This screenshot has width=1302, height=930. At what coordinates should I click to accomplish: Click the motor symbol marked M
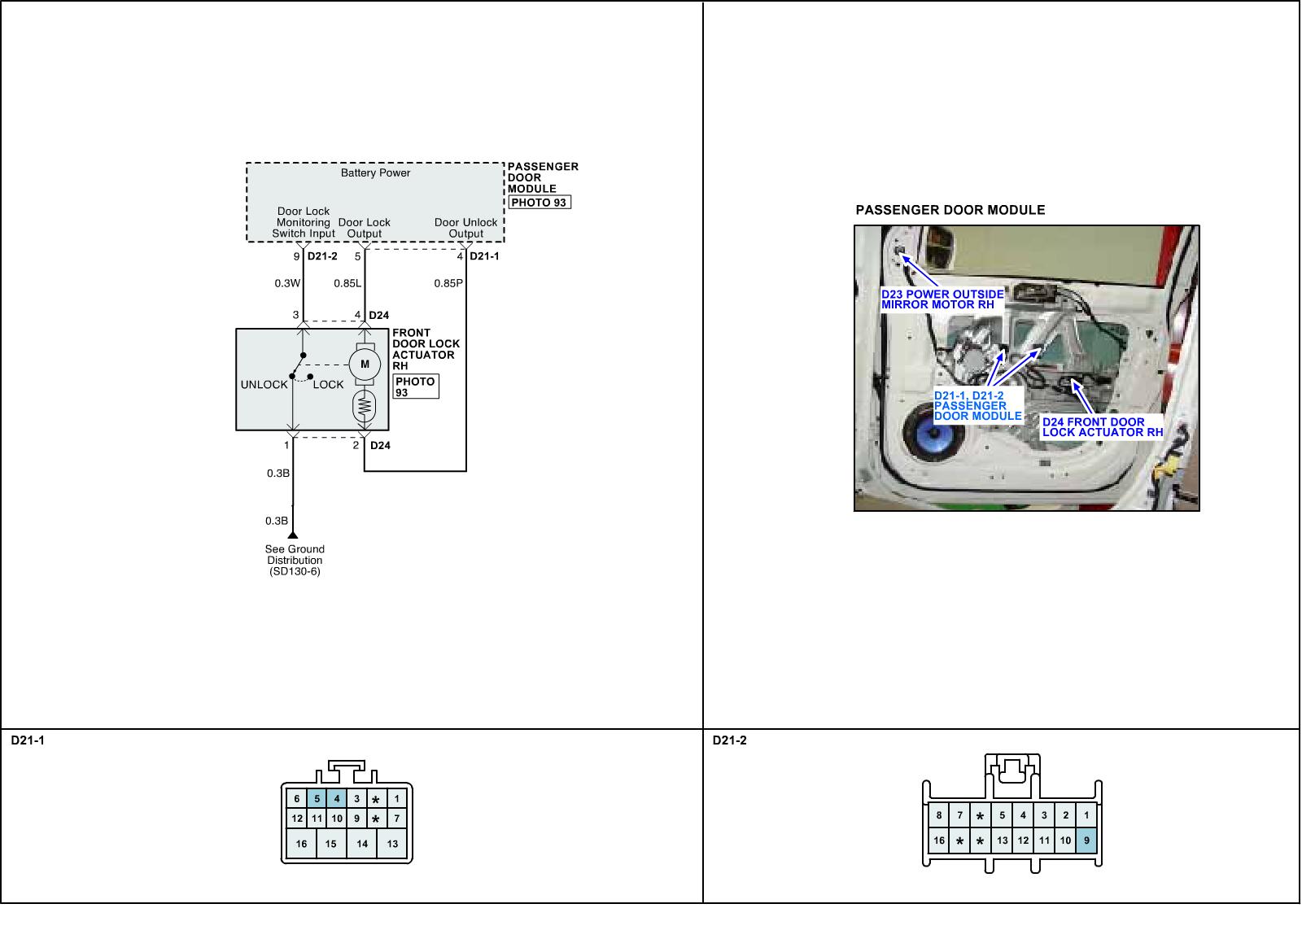click(365, 365)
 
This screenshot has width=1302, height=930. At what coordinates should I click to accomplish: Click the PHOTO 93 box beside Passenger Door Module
click(539, 203)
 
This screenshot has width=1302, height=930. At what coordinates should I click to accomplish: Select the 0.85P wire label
click(448, 284)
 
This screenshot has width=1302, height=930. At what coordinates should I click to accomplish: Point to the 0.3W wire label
click(287, 284)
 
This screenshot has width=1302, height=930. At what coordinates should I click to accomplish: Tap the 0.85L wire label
click(347, 284)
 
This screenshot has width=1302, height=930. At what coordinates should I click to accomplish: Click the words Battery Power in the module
click(375, 173)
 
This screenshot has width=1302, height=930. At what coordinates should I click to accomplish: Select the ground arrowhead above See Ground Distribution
click(293, 535)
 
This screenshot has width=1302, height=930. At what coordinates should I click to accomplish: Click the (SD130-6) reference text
click(295, 572)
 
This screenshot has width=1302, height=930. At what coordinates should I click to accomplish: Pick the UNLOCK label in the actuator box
click(264, 385)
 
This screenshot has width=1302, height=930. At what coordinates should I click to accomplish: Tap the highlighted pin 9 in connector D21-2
click(1086, 840)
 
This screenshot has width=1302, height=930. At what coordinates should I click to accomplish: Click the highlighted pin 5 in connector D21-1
click(317, 799)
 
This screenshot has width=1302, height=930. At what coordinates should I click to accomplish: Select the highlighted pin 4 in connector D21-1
click(336, 799)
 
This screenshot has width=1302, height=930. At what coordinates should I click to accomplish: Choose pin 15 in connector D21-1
click(330, 844)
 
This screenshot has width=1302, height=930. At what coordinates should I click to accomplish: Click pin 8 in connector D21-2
click(939, 815)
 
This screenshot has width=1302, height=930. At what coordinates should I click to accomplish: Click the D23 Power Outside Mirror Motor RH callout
click(942, 299)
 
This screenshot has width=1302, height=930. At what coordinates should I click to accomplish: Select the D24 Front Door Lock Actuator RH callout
click(1103, 427)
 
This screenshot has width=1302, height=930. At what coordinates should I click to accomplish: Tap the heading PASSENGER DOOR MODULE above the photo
click(950, 210)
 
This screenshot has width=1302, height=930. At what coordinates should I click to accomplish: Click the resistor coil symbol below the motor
click(365, 404)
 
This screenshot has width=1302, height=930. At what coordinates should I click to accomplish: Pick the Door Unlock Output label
click(465, 228)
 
